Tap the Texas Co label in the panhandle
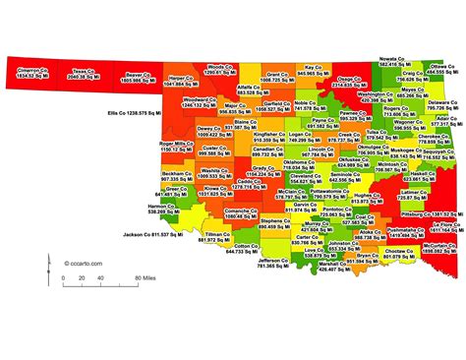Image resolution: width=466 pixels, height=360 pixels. (x=86, y=73)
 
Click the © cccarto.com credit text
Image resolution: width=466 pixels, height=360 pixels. (x=81, y=264)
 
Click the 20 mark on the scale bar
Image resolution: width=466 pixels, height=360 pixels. (x=60, y=279)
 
